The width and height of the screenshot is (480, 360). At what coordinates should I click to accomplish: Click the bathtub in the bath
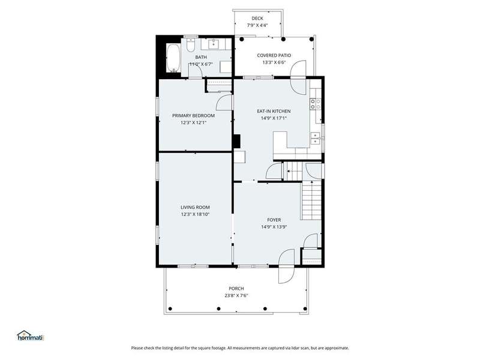click(173, 58)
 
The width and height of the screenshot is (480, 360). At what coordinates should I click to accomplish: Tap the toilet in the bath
click(191, 44)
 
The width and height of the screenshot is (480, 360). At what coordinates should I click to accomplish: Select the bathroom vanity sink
click(214, 44)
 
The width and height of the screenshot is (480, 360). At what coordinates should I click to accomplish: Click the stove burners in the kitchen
click(316, 103)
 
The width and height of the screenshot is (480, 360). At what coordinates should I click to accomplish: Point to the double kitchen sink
click(316, 138)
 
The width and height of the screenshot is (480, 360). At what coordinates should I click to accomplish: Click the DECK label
click(257, 19)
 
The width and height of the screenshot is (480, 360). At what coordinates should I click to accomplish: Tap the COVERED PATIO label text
click(274, 55)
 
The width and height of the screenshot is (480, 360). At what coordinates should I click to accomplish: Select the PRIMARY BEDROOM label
click(193, 115)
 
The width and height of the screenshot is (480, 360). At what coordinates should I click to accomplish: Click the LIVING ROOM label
click(195, 207)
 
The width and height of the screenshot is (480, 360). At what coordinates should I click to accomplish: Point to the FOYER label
click(274, 220)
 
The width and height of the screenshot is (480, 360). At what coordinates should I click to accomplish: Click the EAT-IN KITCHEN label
click(274, 111)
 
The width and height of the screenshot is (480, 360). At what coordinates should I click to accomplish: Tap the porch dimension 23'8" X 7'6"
click(236, 295)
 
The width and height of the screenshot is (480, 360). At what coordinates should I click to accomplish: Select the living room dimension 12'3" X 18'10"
click(195, 214)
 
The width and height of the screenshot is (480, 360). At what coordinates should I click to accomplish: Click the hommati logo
click(31, 336)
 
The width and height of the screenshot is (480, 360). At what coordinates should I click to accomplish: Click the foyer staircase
click(311, 200)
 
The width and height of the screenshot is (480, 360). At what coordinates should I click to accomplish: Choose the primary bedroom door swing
click(224, 103)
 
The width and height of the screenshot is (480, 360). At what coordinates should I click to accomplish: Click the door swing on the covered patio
click(298, 68)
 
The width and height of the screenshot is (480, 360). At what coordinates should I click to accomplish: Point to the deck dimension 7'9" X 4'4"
click(257, 25)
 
